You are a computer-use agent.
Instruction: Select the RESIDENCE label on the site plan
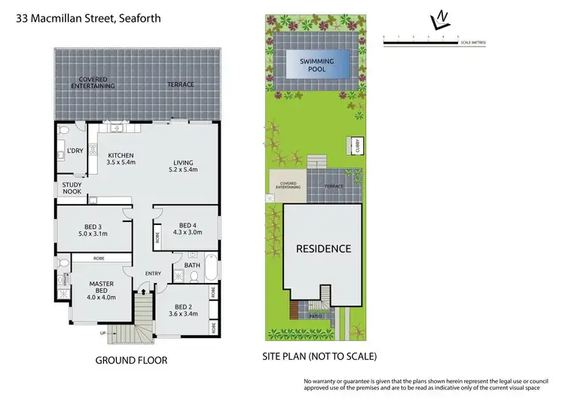(322, 248)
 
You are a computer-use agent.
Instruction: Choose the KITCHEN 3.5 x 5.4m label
(121, 159)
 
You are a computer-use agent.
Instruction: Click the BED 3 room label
(93, 230)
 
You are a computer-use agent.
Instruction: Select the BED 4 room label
(188, 230)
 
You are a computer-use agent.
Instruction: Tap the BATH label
(191, 265)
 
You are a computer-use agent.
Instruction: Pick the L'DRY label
(75, 151)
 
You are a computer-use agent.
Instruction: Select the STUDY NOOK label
(72, 188)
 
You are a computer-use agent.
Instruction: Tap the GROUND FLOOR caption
(131, 361)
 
